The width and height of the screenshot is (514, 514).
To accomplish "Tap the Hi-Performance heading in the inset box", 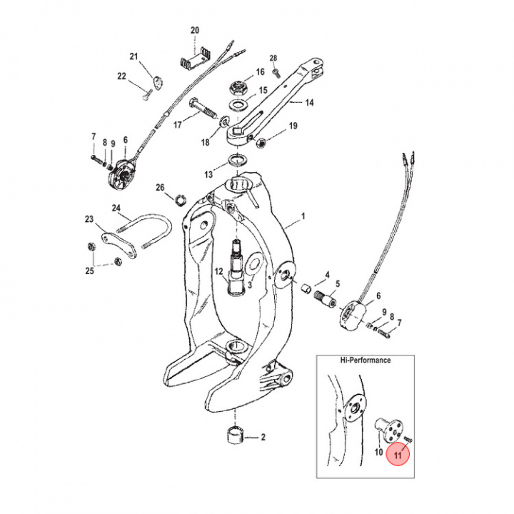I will (x=366, y=361).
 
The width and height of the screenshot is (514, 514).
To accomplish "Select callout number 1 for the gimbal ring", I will (x=303, y=215).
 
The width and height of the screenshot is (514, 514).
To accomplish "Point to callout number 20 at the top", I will (x=195, y=30).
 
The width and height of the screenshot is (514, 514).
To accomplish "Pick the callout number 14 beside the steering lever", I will (x=309, y=103).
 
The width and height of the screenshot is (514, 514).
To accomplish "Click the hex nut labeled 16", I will (x=239, y=89).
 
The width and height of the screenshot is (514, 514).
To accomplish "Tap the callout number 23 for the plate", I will (x=89, y=219).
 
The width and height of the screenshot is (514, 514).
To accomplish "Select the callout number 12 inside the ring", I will (x=219, y=271).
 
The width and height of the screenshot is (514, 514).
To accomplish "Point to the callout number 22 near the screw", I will (x=121, y=76).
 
